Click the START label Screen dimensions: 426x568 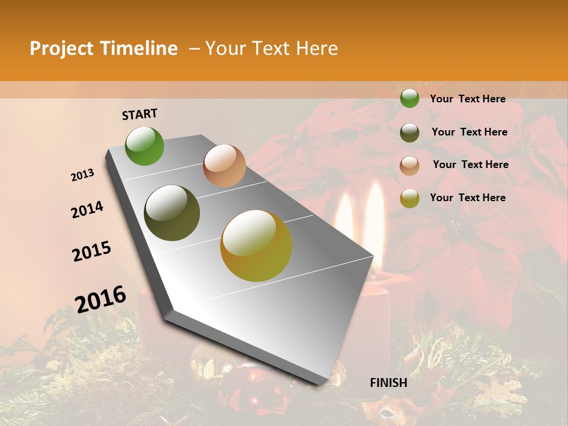click(x=140, y=114)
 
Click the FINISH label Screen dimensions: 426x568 click(x=388, y=383)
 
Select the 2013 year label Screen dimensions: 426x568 click(x=82, y=175)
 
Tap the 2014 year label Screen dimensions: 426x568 click(x=87, y=209)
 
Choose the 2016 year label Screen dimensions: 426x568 click(x=101, y=299)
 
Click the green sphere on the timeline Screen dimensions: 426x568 click(x=145, y=146)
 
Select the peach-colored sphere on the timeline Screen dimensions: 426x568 click(x=224, y=166)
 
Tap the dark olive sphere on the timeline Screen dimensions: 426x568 click(x=172, y=213)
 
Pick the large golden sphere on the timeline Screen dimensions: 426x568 click(x=256, y=246)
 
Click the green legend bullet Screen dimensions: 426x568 click(x=409, y=99)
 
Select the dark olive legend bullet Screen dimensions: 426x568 click(x=409, y=133)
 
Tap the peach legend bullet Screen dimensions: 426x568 click(x=409, y=165)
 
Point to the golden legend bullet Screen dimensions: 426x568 click(x=409, y=198)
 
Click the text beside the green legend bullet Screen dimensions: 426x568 click(x=467, y=99)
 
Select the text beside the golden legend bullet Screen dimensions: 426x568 click(x=467, y=198)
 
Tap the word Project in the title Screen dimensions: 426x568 click(x=62, y=49)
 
